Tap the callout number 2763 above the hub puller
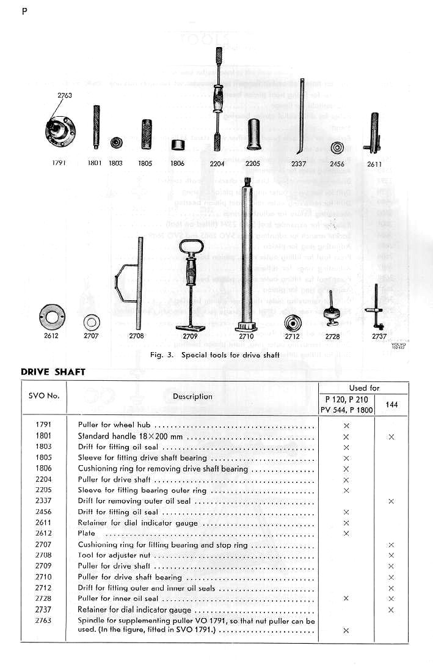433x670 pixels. coord(65,95)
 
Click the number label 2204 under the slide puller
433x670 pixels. coord(217,163)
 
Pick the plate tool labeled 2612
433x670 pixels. coord(51,316)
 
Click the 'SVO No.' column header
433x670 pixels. coord(44,396)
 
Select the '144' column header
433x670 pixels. coord(391,404)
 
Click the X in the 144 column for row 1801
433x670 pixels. coord(391,436)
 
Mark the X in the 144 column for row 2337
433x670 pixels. coord(391,501)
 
